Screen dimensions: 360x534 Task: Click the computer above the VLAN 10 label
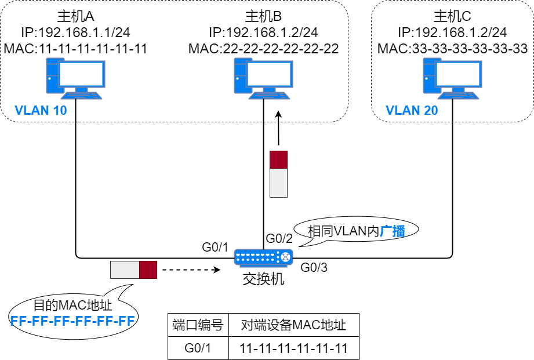pyautogui.click(x=75, y=77)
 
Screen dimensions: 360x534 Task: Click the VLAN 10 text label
pyautogui.click(x=41, y=110)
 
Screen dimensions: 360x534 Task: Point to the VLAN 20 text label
pyautogui.click(x=412, y=110)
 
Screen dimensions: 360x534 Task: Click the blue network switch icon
pyautogui.click(x=263, y=257)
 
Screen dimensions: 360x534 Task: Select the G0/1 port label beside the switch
pyautogui.click(x=216, y=247)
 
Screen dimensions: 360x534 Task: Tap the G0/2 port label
pyautogui.click(x=279, y=238)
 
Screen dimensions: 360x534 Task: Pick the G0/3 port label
pyautogui.click(x=314, y=268)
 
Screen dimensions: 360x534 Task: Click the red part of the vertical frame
pyautogui.click(x=278, y=159)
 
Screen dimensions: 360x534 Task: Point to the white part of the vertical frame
pyautogui.click(x=278, y=183)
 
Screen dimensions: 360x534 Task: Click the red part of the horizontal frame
pyautogui.click(x=148, y=270)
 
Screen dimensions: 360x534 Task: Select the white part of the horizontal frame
pyautogui.click(x=125, y=270)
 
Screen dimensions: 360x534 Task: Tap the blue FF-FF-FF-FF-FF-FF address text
pyautogui.click(x=72, y=321)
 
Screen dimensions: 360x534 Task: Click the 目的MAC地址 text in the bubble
pyautogui.click(x=72, y=305)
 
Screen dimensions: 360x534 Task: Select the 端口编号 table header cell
pyautogui.click(x=198, y=325)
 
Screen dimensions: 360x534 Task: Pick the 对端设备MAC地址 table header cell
pyautogui.click(x=293, y=325)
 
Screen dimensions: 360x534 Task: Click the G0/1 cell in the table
pyautogui.click(x=198, y=348)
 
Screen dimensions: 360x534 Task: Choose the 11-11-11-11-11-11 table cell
pyautogui.click(x=293, y=348)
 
